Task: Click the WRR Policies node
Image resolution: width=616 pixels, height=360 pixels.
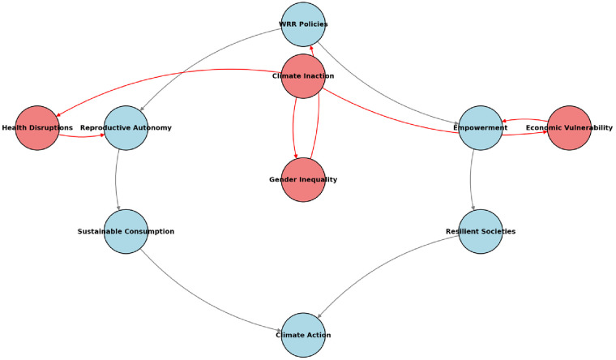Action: (303, 24)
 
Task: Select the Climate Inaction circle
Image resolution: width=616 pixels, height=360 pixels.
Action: (303, 76)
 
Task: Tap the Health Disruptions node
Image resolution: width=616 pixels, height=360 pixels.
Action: (37, 128)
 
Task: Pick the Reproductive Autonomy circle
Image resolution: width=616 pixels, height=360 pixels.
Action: (126, 128)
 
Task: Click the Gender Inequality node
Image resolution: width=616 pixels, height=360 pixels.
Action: (303, 179)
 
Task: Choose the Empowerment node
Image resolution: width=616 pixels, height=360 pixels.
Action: (481, 128)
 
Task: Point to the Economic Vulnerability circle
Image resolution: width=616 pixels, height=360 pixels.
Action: (569, 128)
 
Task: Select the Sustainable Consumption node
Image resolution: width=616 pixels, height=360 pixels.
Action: (126, 231)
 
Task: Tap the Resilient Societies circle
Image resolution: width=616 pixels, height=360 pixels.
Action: (481, 231)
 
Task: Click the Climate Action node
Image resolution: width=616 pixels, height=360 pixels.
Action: (303, 335)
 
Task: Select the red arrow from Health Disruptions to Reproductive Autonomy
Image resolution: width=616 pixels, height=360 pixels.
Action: (81, 135)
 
